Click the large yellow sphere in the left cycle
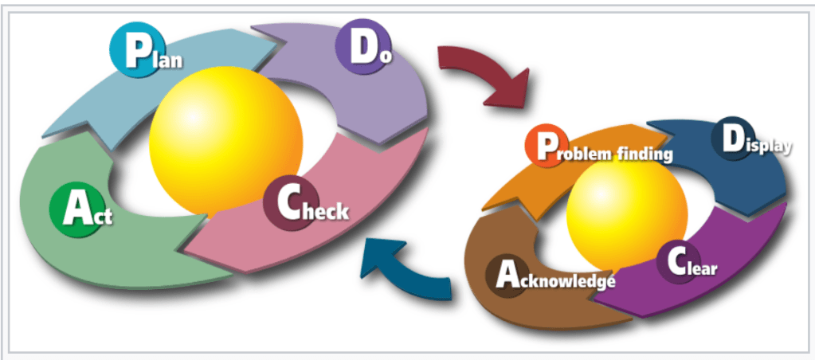coord(226,139)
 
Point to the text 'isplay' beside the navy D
coord(770,147)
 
